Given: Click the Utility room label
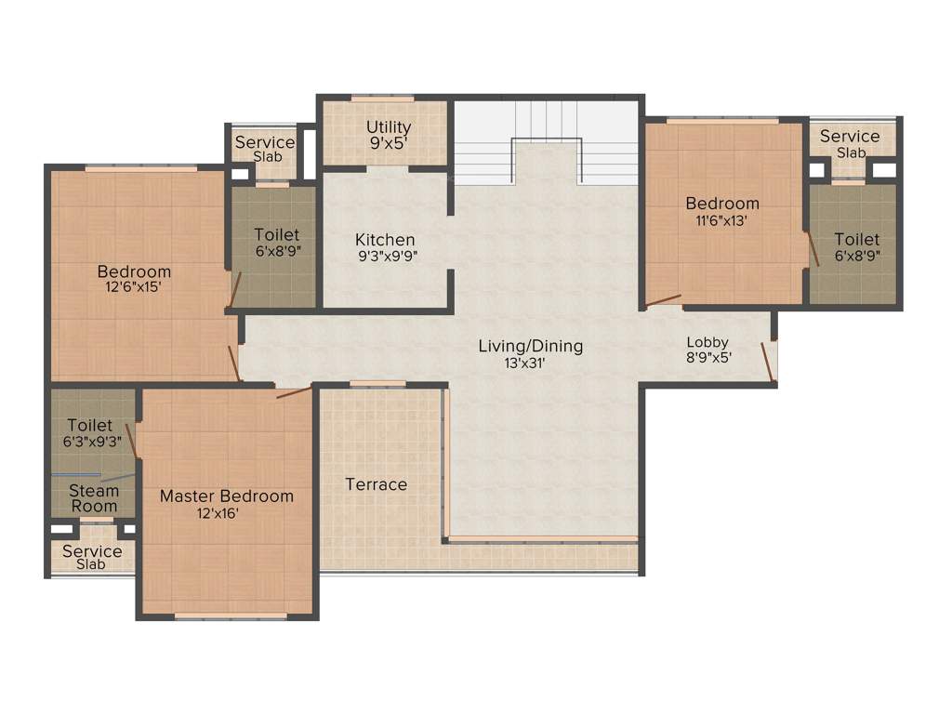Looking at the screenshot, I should click(x=389, y=127).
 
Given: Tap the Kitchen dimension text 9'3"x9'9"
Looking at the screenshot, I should click(x=388, y=258).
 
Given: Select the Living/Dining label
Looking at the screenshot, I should click(x=531, y=346).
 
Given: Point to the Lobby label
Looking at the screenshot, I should click(x=707, y=341).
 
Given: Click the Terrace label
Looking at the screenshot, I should click(x=377, y=484).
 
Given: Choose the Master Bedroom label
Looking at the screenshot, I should click(x=227, y=496).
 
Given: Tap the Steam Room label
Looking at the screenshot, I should click(x=95, y=498).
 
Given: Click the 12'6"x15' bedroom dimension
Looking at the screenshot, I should click(x=134, y=288).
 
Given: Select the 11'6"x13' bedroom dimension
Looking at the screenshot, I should click(x=722, y=220).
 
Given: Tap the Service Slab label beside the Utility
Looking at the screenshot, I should click(x=265, y=149).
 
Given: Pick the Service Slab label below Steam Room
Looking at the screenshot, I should click(x=92, y=557).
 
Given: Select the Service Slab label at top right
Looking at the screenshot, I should click(x=850, y=143).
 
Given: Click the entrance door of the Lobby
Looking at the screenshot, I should click(x=768, y=362).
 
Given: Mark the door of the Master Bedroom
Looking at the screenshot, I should click(x=294, y=392).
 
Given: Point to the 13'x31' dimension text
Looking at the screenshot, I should click(x=531, y=364).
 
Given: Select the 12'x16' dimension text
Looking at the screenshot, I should click(x=226, y=513).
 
